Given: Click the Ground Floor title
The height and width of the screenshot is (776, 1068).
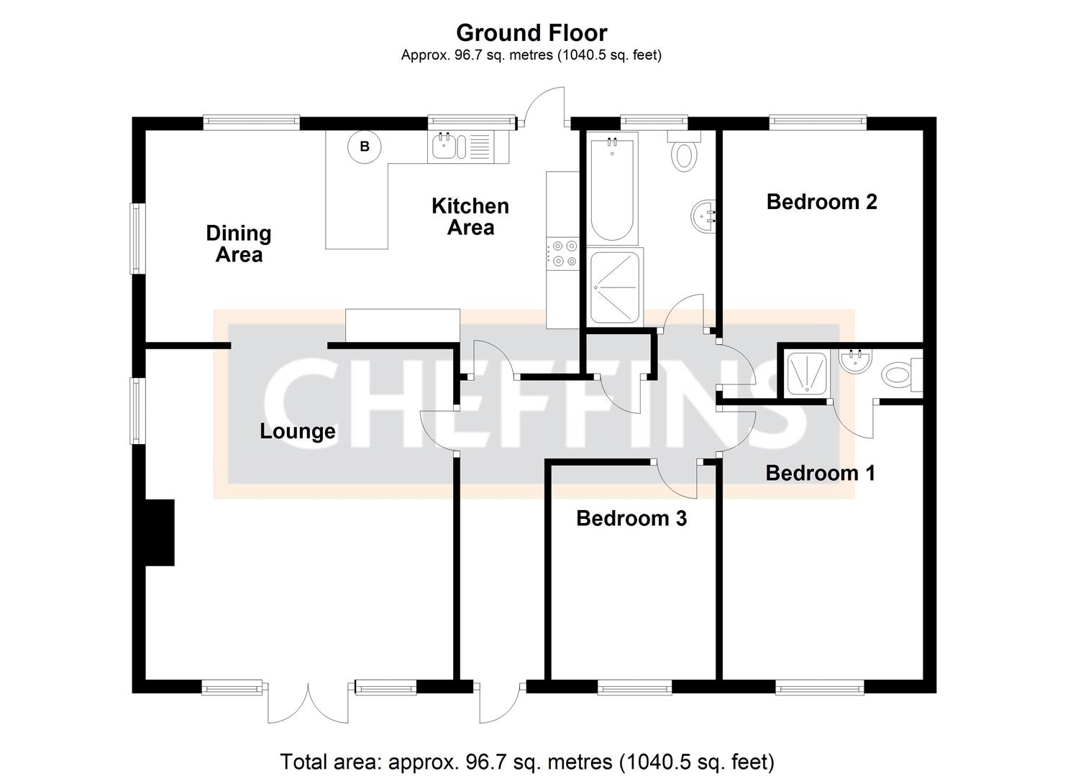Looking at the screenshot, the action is click(531, 33).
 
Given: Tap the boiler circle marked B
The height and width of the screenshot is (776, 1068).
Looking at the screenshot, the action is click(365, 147).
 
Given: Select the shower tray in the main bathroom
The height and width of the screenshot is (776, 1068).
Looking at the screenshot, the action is click(616, 287).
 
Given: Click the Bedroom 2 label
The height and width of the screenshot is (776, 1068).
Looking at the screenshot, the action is click(821, 202).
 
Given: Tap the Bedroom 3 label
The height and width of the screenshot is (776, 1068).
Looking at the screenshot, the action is click(631, 518).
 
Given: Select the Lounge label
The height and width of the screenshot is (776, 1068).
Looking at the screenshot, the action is click(297, 431).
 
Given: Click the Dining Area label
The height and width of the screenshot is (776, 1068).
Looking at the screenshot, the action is click(239, 244).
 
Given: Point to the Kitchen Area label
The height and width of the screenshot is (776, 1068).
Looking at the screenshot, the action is click(470, 216).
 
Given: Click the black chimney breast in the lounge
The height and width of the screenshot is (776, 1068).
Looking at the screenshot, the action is click(160, 532).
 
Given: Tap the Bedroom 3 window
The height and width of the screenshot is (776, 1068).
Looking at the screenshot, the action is click(634, 688).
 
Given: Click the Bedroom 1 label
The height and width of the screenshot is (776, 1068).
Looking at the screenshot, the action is click(820, 473).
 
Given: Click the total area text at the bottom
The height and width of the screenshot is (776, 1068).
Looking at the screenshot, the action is click(526, 761).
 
